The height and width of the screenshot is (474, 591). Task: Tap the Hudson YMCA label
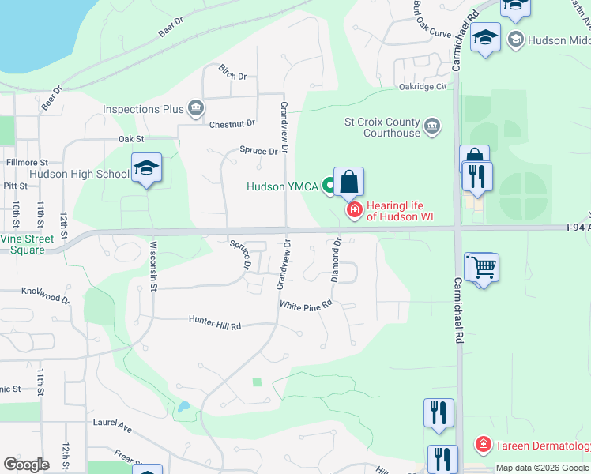coord(281,187)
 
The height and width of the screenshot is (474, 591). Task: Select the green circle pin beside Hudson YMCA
coord(327,187)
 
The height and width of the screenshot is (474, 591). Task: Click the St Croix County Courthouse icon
coord(432,126)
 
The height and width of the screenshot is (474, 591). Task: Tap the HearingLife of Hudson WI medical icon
coord(355,209)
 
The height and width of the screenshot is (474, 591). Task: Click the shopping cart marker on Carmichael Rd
coord(484,267)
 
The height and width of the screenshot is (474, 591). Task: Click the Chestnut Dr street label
coord(232,124)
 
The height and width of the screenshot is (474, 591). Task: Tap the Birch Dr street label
coord(233,77)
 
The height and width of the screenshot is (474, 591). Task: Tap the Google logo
coord(26,465)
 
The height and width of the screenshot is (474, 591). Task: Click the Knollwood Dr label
coord(45,295)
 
